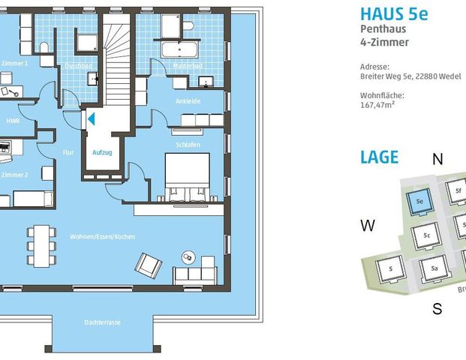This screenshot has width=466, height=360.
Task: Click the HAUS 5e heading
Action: coord(394,14)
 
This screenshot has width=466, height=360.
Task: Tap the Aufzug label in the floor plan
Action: coord(102,152)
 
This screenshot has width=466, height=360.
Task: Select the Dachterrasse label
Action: coord(103,322)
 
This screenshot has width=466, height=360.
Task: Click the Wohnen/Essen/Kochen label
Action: coord(102,237)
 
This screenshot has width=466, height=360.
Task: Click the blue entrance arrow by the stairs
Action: coord(91,118)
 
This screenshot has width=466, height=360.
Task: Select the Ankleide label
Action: coord(187,100)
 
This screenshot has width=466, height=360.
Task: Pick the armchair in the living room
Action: coord(148,264)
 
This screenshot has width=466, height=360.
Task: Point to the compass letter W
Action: coord(368,226)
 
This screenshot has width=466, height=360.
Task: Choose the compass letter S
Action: coord(437,309)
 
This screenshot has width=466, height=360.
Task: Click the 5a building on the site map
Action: coord(434,268)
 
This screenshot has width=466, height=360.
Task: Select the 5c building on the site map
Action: coord(426,235)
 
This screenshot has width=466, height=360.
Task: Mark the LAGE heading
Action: coord(379,157)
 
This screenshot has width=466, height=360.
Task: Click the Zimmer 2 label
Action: coord(14,175)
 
